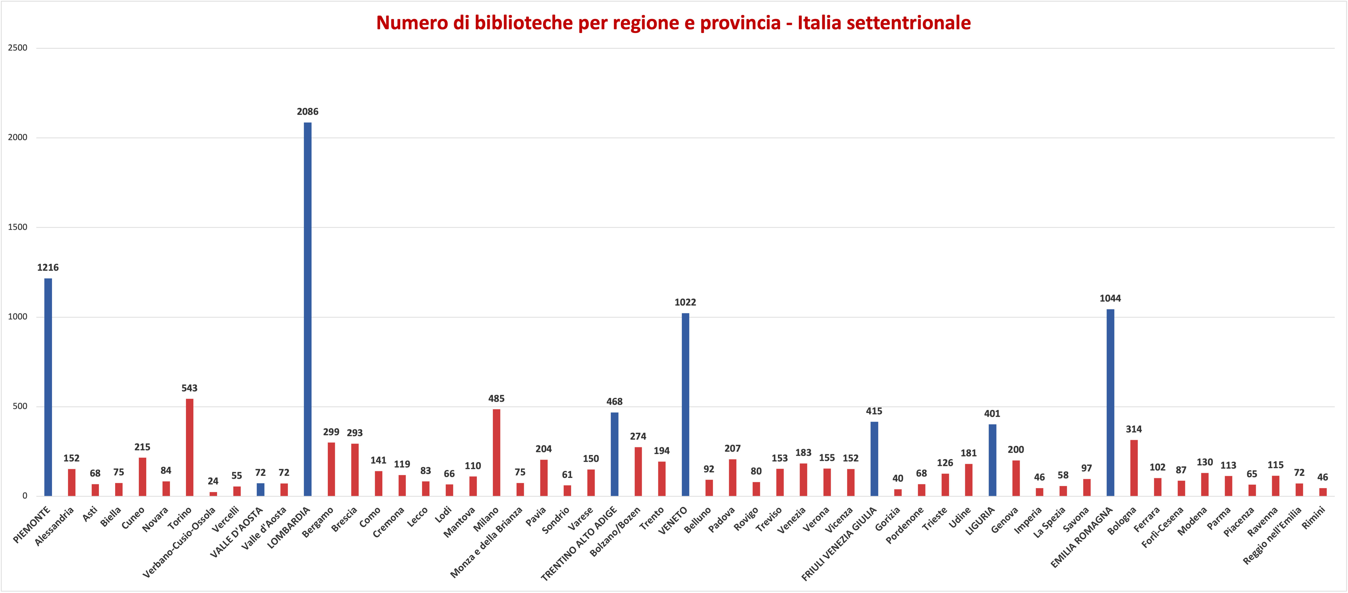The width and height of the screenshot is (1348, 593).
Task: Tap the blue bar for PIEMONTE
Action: coord(48,387)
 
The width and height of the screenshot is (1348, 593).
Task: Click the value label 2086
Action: coord(308,111)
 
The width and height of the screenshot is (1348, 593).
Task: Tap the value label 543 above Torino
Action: coord(189,388)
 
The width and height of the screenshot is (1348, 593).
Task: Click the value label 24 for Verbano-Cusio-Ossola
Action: coord(213,481)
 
